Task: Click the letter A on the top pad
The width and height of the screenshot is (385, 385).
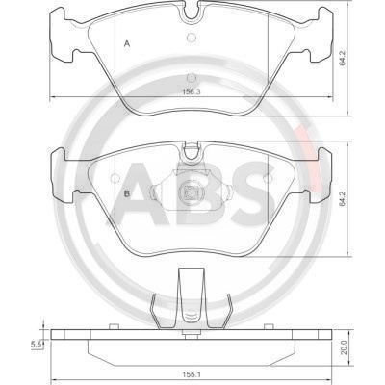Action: pos(127,43)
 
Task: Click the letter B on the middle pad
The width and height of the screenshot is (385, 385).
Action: pos(127,193)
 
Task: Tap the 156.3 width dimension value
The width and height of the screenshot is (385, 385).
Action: pos(192,91)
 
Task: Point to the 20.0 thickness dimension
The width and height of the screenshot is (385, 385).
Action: pos(344,347)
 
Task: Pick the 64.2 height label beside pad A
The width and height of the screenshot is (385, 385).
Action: pos(343,59)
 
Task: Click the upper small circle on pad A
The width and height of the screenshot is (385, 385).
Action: pos(192,38)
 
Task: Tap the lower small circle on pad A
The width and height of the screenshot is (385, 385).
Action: pos(192,78)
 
